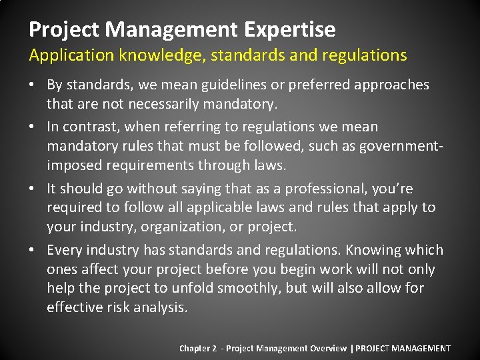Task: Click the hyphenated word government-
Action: [402, 145]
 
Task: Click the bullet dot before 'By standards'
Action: [33, 85]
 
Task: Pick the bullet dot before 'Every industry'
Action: [33, 250]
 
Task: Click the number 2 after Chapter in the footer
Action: [215, 348]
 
